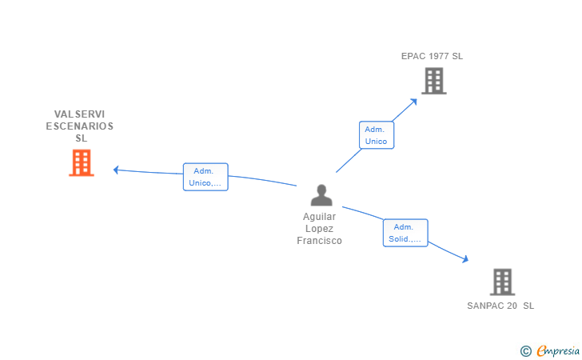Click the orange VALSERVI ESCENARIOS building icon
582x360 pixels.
coord(81,162)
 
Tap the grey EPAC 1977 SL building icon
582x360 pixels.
coord(433,81)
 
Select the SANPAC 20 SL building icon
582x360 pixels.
coord(501,282)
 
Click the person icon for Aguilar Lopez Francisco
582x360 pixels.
coord(321,195)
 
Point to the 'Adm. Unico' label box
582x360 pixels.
coord(376,135)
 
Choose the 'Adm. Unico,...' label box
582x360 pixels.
coord(205,177)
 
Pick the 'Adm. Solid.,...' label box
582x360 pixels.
coord(405,232)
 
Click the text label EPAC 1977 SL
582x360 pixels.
coord(432,56)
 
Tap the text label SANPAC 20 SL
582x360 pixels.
coord(500,306)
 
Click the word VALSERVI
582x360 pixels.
coord(80,114)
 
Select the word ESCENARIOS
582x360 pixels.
coord(80,126)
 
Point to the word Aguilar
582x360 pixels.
coord(320,217)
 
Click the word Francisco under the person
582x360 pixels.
coord(320,241)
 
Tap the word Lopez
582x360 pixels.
coord(320,229)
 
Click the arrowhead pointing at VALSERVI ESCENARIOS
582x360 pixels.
coord(117,170)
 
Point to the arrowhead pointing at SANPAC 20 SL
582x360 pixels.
coord(464,258)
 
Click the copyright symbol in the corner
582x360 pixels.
coord(525,350)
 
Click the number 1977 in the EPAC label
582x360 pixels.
coord(439,56)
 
